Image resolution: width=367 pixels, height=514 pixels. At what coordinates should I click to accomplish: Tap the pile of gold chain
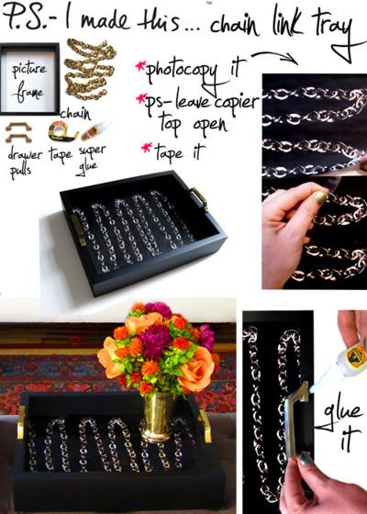click(x=90, y=77)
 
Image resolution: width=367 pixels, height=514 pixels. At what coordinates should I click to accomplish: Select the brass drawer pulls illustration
click(x=19, y=131)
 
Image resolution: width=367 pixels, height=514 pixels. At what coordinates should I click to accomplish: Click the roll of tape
click(x=61, y=131)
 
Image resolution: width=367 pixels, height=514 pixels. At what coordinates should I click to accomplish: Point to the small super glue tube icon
click(x=93, y=130)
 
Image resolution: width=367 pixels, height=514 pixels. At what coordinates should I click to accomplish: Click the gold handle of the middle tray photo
click(x=199, y=198)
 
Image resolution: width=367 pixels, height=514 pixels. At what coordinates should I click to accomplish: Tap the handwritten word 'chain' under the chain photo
click(x=74, y=113)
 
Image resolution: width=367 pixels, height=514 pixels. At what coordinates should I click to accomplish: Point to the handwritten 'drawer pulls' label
click(x=25, y=161)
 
